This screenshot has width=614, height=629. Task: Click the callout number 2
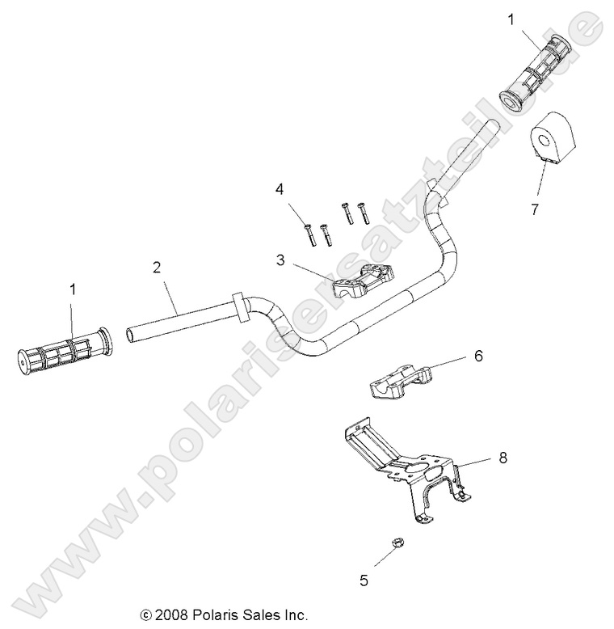pyautogui.click(x=158, y=266)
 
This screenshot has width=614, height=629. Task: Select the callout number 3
pyautogui.click(x=280, y=260)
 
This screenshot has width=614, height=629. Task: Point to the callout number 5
pyautogui.click(x=364, y=578)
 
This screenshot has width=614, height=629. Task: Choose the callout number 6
pyautogui.click(x=478, y=356)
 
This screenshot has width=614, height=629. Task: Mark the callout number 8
pyautogui.click(x=503, y=458)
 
